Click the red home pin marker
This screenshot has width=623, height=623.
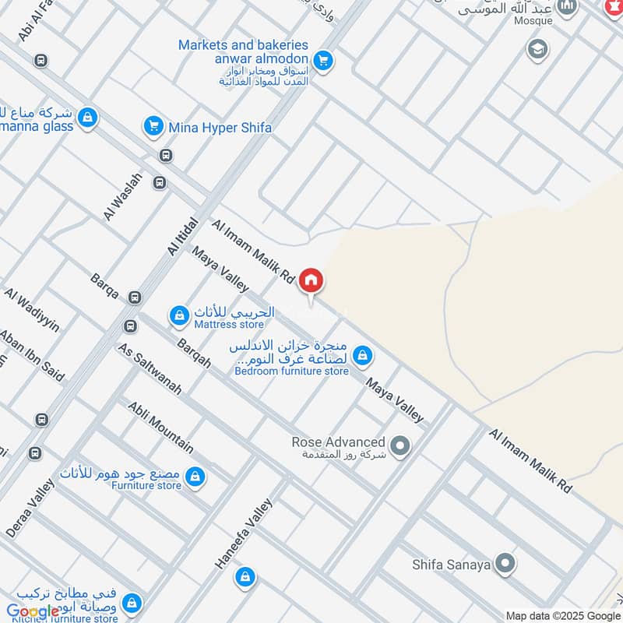(x=311, y=280)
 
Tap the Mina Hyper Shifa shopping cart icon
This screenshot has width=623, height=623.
(x=153, y=125)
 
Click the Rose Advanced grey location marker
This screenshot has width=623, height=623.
(x=400, y=446)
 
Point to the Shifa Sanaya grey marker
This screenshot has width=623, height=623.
(x=506, y=563)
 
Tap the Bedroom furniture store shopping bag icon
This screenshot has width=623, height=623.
(x=361, y=357)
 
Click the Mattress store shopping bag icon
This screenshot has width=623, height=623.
(x=179, y=315)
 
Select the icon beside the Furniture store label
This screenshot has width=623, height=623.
(x=195, y=474)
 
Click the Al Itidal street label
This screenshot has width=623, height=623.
(x=183, y=236)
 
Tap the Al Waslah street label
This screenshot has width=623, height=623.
(x=111, y=196)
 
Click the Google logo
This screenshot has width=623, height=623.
(x=33, y=611)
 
